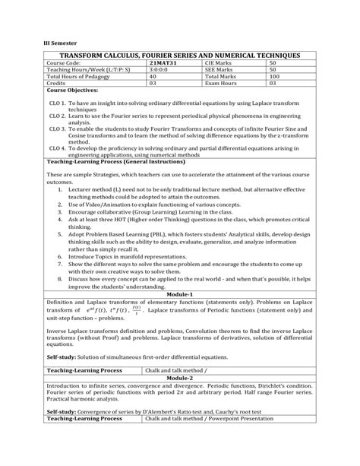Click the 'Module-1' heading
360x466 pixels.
pyautogui.click(x=180, y=293)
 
